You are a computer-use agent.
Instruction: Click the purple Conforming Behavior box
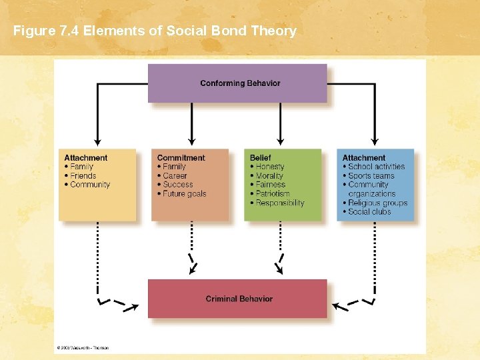click(x=237, y=83)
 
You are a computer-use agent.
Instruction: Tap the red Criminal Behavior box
click(x=237, y=299)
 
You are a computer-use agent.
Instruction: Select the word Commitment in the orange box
click(x=181, y=158)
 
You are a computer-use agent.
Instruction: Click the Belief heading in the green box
click(x=260, y=158)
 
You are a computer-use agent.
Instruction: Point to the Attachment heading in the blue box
click(x=364, y=158)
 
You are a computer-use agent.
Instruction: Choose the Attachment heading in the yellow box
click(x=85, y=158)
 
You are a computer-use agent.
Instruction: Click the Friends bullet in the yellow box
click(x=83, y=176)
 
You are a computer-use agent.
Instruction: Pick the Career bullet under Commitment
click(x=175, y=176)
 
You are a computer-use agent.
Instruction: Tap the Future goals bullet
click(x=184, y=194)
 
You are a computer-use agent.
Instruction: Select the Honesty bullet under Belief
click(x=270, y=167)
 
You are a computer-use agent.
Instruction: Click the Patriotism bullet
click(x=273, y=194)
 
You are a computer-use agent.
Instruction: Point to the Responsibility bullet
click(x=280, y=203)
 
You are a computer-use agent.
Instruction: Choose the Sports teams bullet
click(x=371, y=176)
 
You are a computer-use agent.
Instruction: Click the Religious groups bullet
click(x=377, y=203)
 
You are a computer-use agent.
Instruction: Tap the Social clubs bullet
click(x=369, y=212)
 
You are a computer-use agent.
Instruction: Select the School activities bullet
click(x=376, y=167)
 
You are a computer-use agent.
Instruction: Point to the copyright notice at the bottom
click(x=83, y=347)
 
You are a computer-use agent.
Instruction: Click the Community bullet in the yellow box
click(x=90, y=185)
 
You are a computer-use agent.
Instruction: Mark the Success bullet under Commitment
click(x=177, y=185)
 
